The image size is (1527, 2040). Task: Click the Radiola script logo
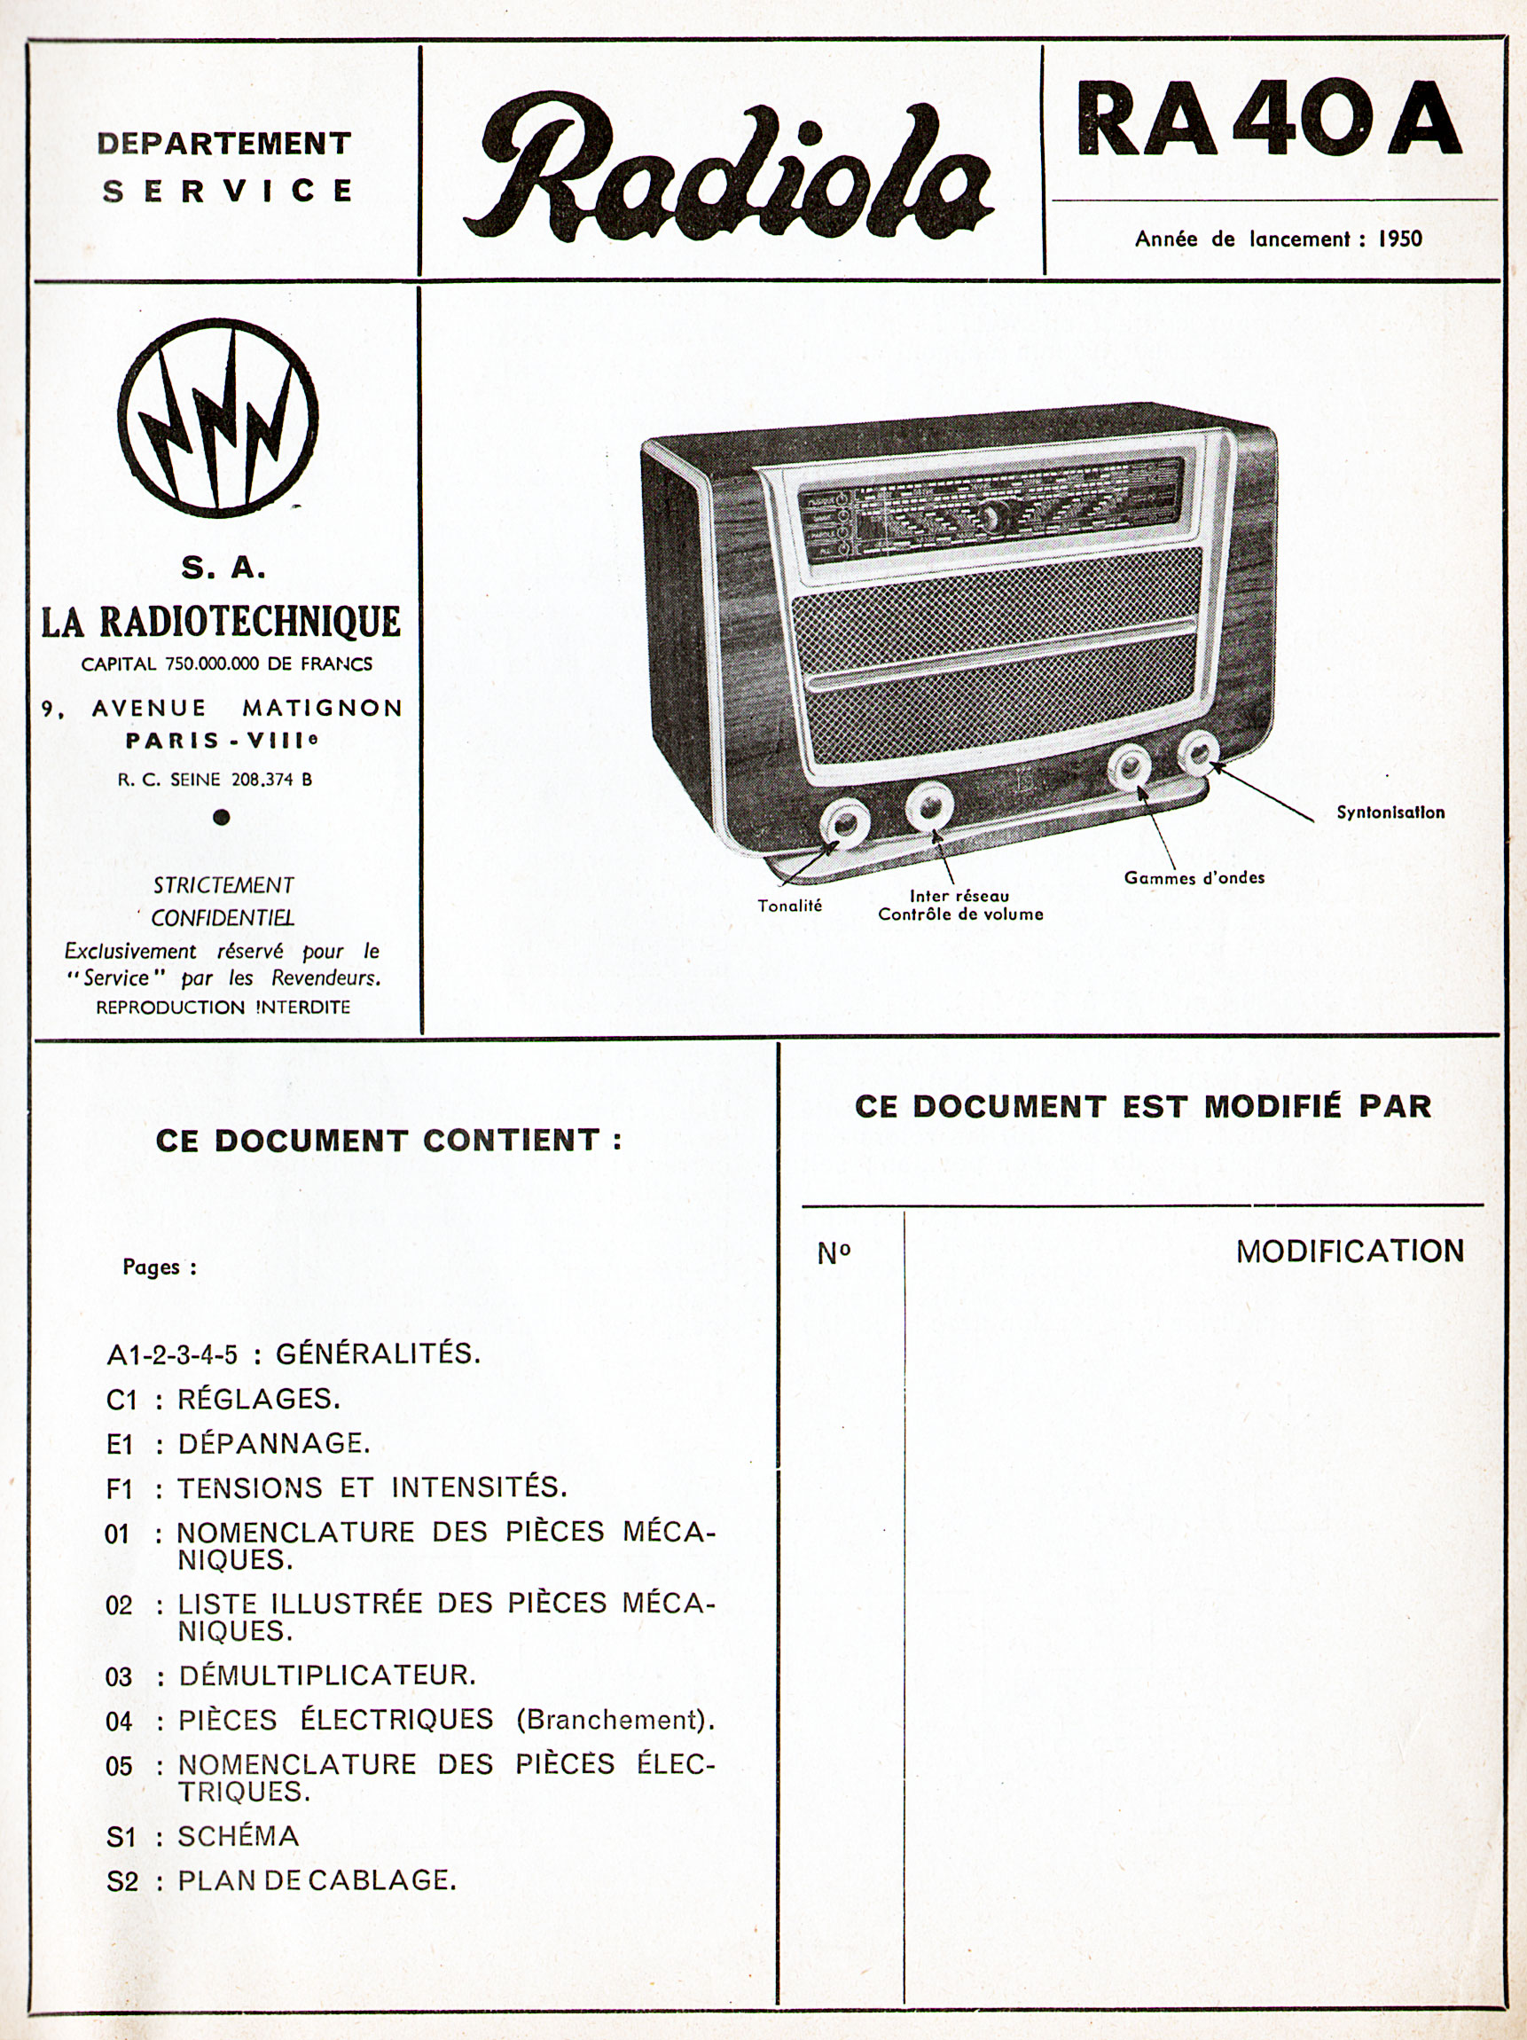click(728, 170)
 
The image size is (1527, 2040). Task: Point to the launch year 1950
click(1399, 239)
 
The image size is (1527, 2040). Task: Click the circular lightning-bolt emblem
click(217, 417)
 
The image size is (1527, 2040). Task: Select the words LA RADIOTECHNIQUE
click(222, 622)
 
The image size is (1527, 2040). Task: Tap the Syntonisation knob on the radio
click(1198, 756)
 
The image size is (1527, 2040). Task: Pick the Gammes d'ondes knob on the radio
click(1129, 766)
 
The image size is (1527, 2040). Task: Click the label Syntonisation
click(1390, 812)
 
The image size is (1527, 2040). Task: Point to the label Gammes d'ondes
click(1194, 878)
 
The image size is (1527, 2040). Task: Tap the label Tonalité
click(789, 906)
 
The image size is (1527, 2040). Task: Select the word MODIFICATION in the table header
click(1349, 1251)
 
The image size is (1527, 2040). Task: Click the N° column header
click(834, 1253)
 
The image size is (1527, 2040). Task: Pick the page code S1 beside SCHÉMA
click(121, 1837)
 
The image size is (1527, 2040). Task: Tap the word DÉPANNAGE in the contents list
click(273, 1443)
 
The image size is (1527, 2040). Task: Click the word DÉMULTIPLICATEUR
click(327, 1675)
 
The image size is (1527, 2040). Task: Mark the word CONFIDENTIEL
click(223, 918)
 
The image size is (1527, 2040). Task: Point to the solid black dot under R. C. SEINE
click(221, 816)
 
